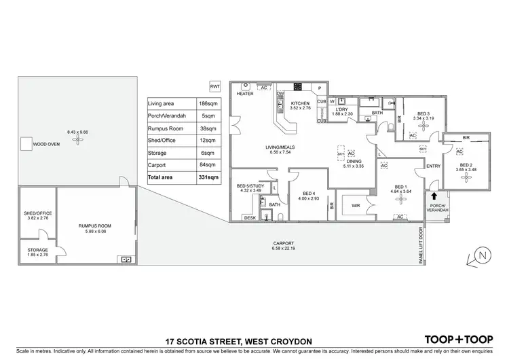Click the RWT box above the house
[x=215, y=87]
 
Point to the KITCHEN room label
[x=299, y=104]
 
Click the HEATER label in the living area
[x=244, y=94]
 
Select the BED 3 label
[x=423, y=113]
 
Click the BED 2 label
[x=466, y=164]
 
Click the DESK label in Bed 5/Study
[x=250, y=217]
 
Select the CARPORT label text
[x=284, y=242]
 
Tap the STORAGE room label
[x=38, y=249]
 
